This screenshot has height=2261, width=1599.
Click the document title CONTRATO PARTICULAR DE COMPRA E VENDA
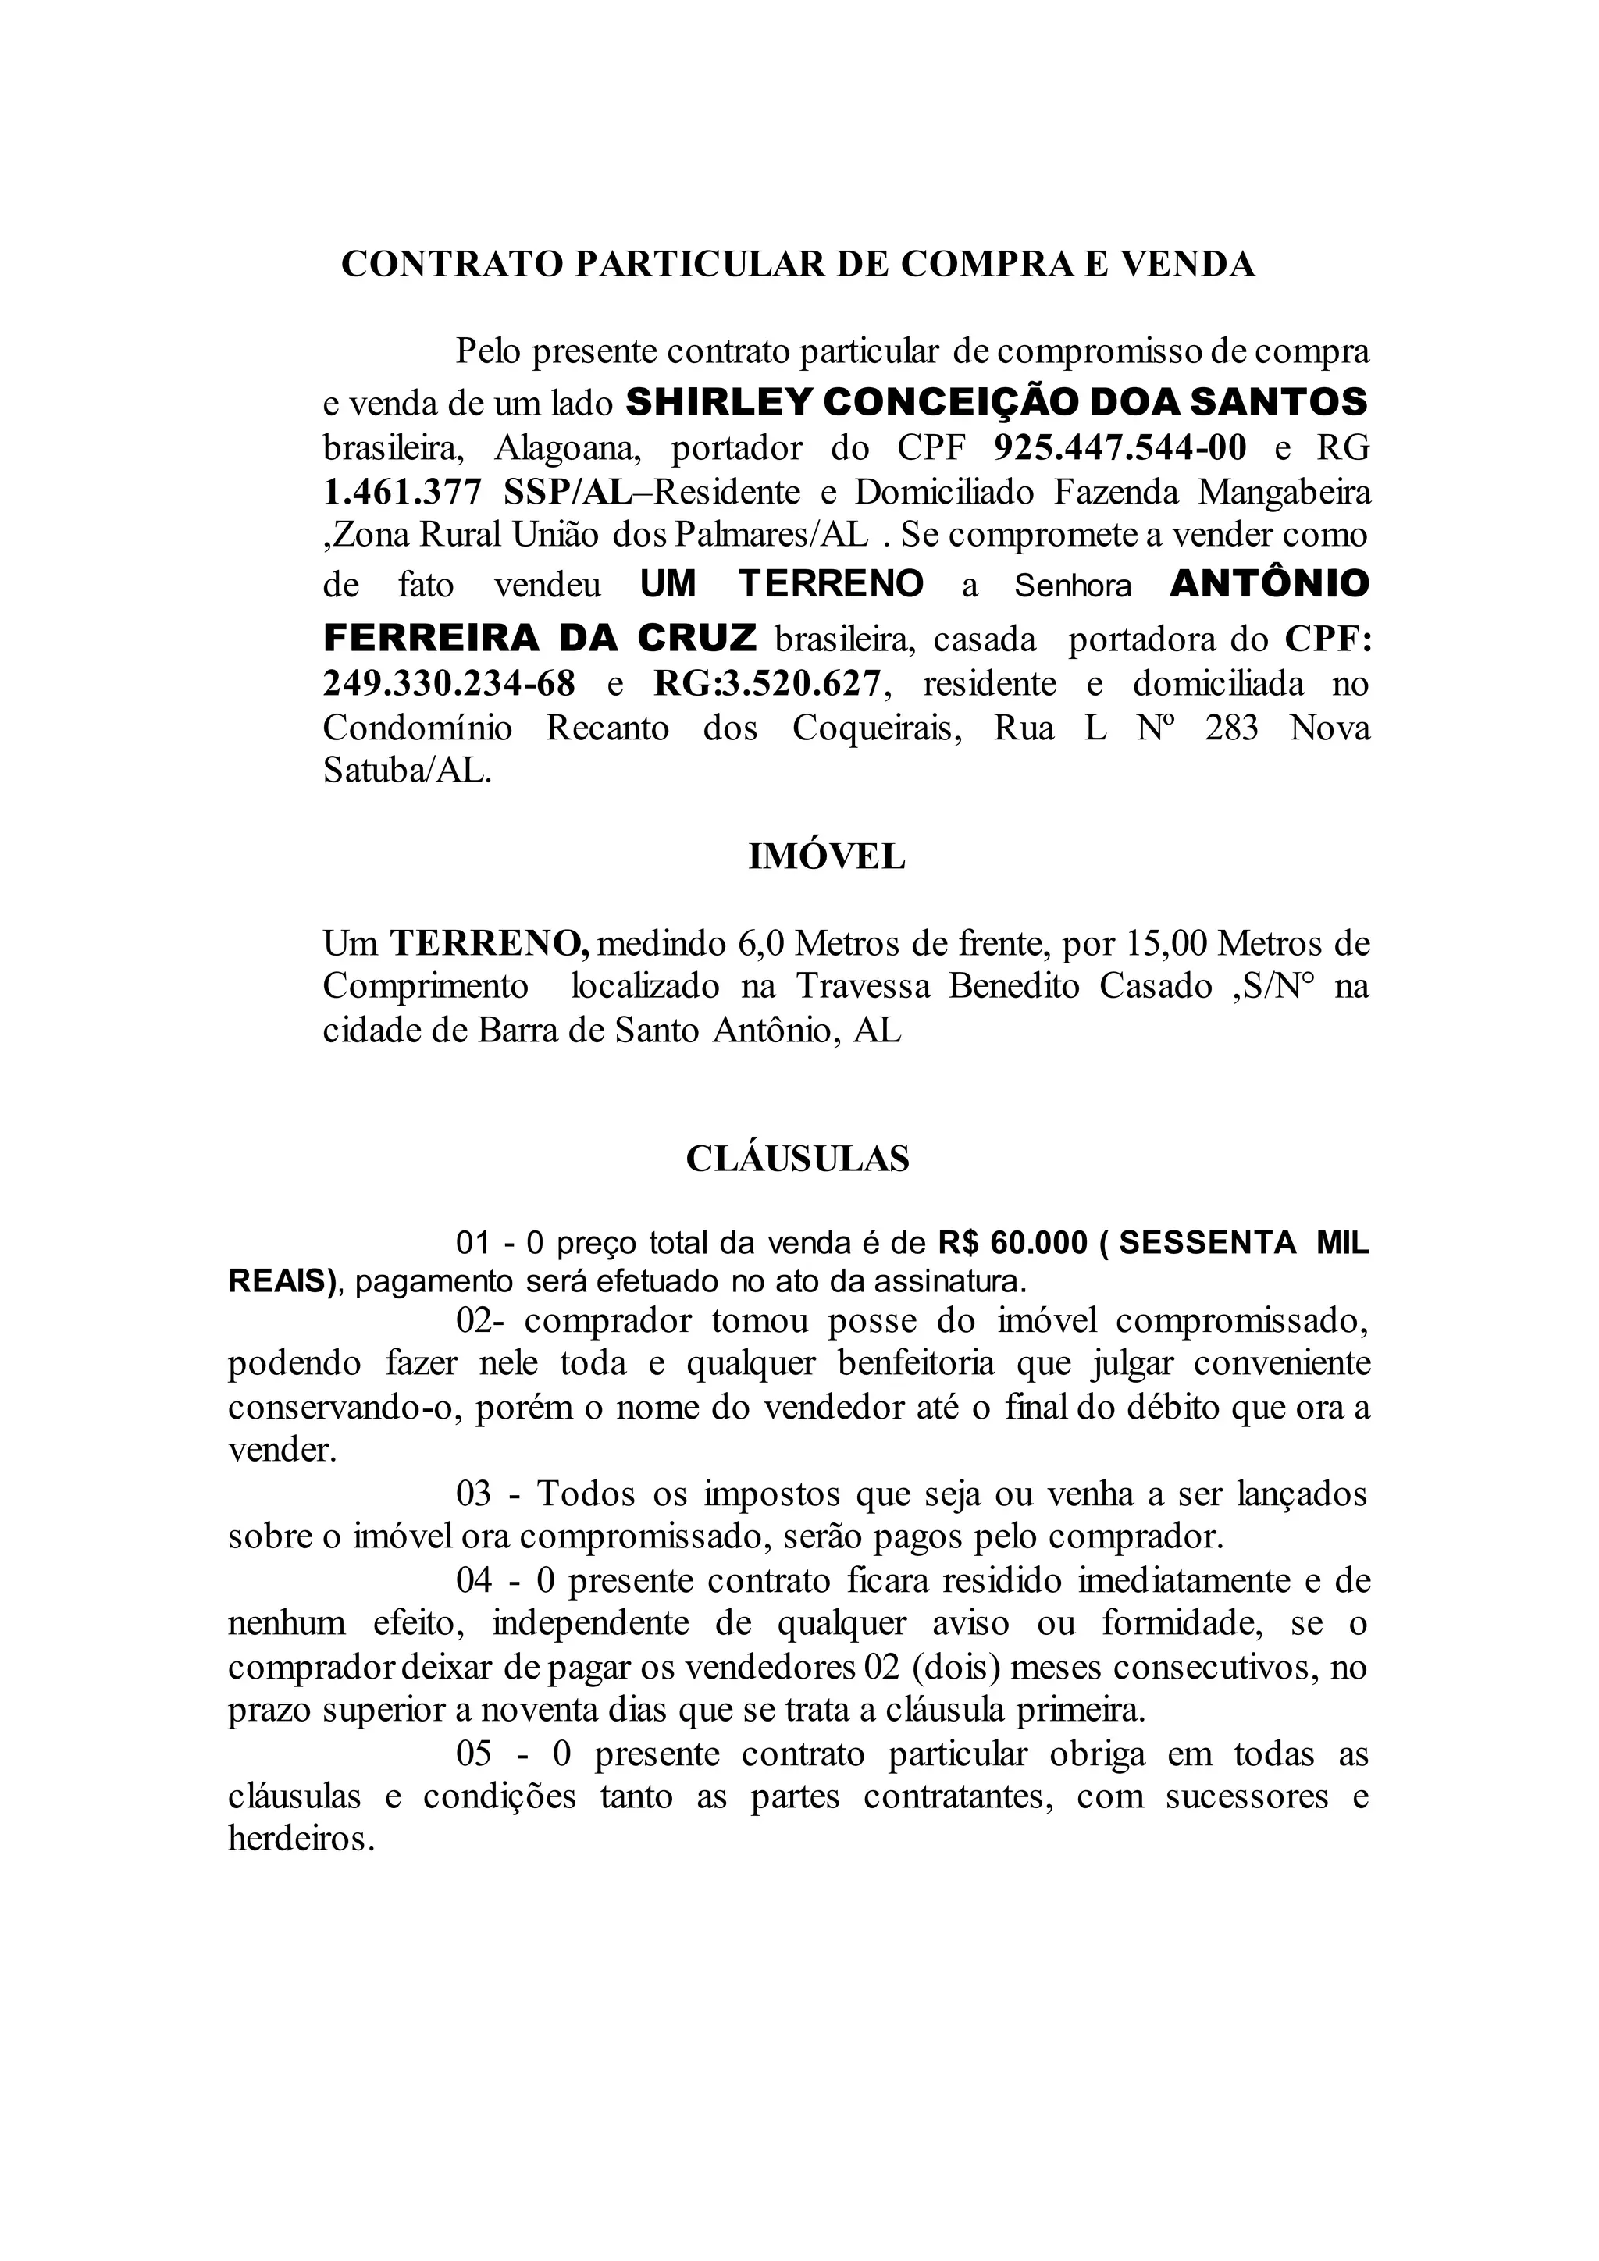click(797, 264)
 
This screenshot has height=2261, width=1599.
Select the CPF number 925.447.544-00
click(1120, 448)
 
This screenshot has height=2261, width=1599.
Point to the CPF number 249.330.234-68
click(449, 682)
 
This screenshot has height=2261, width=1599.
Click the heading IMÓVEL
click(826, 856)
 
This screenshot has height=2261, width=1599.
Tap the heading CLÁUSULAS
click(797, 1158)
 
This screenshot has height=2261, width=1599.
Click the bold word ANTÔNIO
click(1270, 584)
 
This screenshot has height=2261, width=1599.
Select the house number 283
click(1232, 728)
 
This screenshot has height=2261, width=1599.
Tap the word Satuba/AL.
click(407, 771)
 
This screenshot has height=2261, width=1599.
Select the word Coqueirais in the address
click(876, 728)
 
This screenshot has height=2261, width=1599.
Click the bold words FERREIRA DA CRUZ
click(540, 638)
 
